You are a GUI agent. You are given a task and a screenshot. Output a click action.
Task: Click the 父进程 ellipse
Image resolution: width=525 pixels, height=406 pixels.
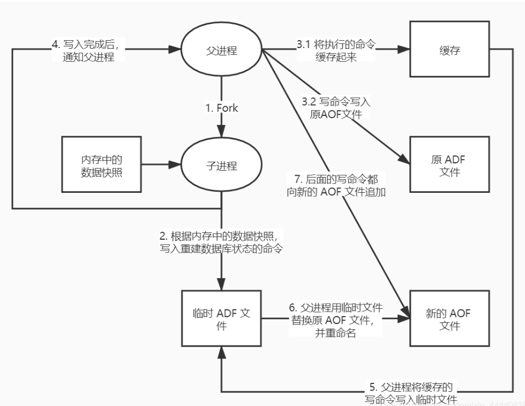click(221, 50)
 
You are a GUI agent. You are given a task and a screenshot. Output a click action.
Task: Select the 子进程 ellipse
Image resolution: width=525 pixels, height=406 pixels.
click(221, 166)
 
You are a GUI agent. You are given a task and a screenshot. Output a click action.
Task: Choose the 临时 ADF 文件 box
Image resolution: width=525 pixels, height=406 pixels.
click(221, 319)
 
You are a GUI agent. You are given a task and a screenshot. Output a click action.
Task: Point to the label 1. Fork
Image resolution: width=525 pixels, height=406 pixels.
click(222, 108)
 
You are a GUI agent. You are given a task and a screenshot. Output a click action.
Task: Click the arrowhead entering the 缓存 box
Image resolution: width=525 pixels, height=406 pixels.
click(403, 50)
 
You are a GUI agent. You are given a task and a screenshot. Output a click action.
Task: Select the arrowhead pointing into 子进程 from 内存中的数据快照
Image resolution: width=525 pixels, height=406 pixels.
click(176, 166)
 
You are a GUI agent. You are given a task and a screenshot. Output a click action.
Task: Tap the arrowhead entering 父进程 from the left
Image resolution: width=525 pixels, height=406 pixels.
click(176, 50)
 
